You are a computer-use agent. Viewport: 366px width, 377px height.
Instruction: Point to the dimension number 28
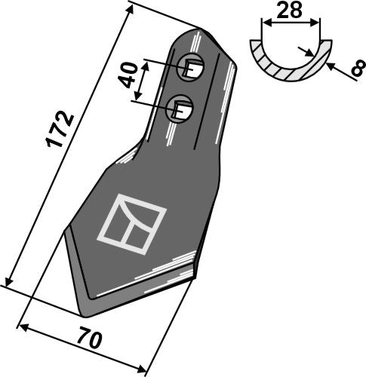(x=289, y=10)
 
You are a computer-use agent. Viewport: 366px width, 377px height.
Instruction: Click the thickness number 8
(x=358, y=68)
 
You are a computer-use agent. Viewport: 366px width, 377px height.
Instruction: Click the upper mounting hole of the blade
(x=190, y=67)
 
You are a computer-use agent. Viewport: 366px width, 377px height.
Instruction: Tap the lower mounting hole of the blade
(x=180, y=109)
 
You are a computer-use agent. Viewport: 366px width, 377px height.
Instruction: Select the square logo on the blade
(x=131, y=224)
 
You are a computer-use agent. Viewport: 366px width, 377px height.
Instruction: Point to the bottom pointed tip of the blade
(x=85, y=315)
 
